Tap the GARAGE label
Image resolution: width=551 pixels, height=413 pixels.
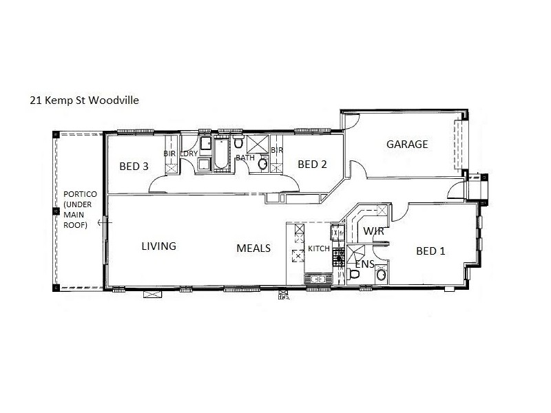point(407,145)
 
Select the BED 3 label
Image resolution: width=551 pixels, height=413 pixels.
point(134,166)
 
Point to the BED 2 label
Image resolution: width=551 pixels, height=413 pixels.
point(311,164)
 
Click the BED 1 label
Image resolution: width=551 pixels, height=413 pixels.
point(430,251)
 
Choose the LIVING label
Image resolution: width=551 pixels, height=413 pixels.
point(159,246)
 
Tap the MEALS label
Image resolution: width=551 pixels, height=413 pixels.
point(253,248)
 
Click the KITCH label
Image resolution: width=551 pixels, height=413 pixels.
point(319,248)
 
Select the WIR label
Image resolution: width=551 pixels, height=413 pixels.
point(373,231)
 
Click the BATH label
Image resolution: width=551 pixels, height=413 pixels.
point(245,158)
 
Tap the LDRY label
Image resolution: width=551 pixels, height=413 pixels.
point(189,153)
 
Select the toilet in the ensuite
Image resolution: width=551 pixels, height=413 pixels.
point(354,275)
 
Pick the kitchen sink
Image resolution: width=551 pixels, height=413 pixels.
point(319,279)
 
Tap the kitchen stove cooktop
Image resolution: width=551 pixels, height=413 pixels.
point(338,257)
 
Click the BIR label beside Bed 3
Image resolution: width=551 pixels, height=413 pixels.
point(169,153)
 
